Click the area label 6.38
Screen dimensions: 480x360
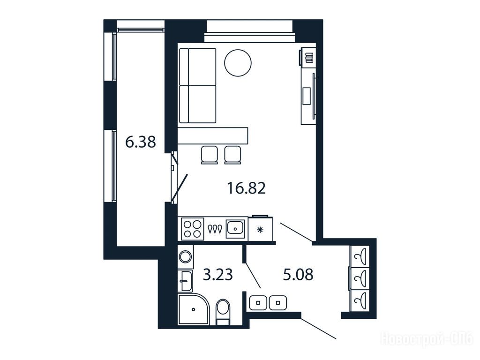coord(141,142)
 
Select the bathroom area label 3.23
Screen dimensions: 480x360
coord(218,275)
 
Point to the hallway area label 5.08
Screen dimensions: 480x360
coord(298,275)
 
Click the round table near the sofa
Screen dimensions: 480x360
coord(238,63)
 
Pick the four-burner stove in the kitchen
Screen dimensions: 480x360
coord(193,229)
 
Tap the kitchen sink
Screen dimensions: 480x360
coord(235,229)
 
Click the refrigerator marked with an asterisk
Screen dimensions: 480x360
coord(260,228)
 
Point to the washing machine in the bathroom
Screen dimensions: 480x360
coord(186,256)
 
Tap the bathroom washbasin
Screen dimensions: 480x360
coord(186,280)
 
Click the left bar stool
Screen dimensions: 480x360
coord(210,155)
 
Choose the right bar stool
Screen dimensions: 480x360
coord(232,155)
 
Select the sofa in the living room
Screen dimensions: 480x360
coord(197,86)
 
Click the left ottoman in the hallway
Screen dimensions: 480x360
coord(258,302)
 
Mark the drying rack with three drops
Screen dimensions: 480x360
coord(215,229)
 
